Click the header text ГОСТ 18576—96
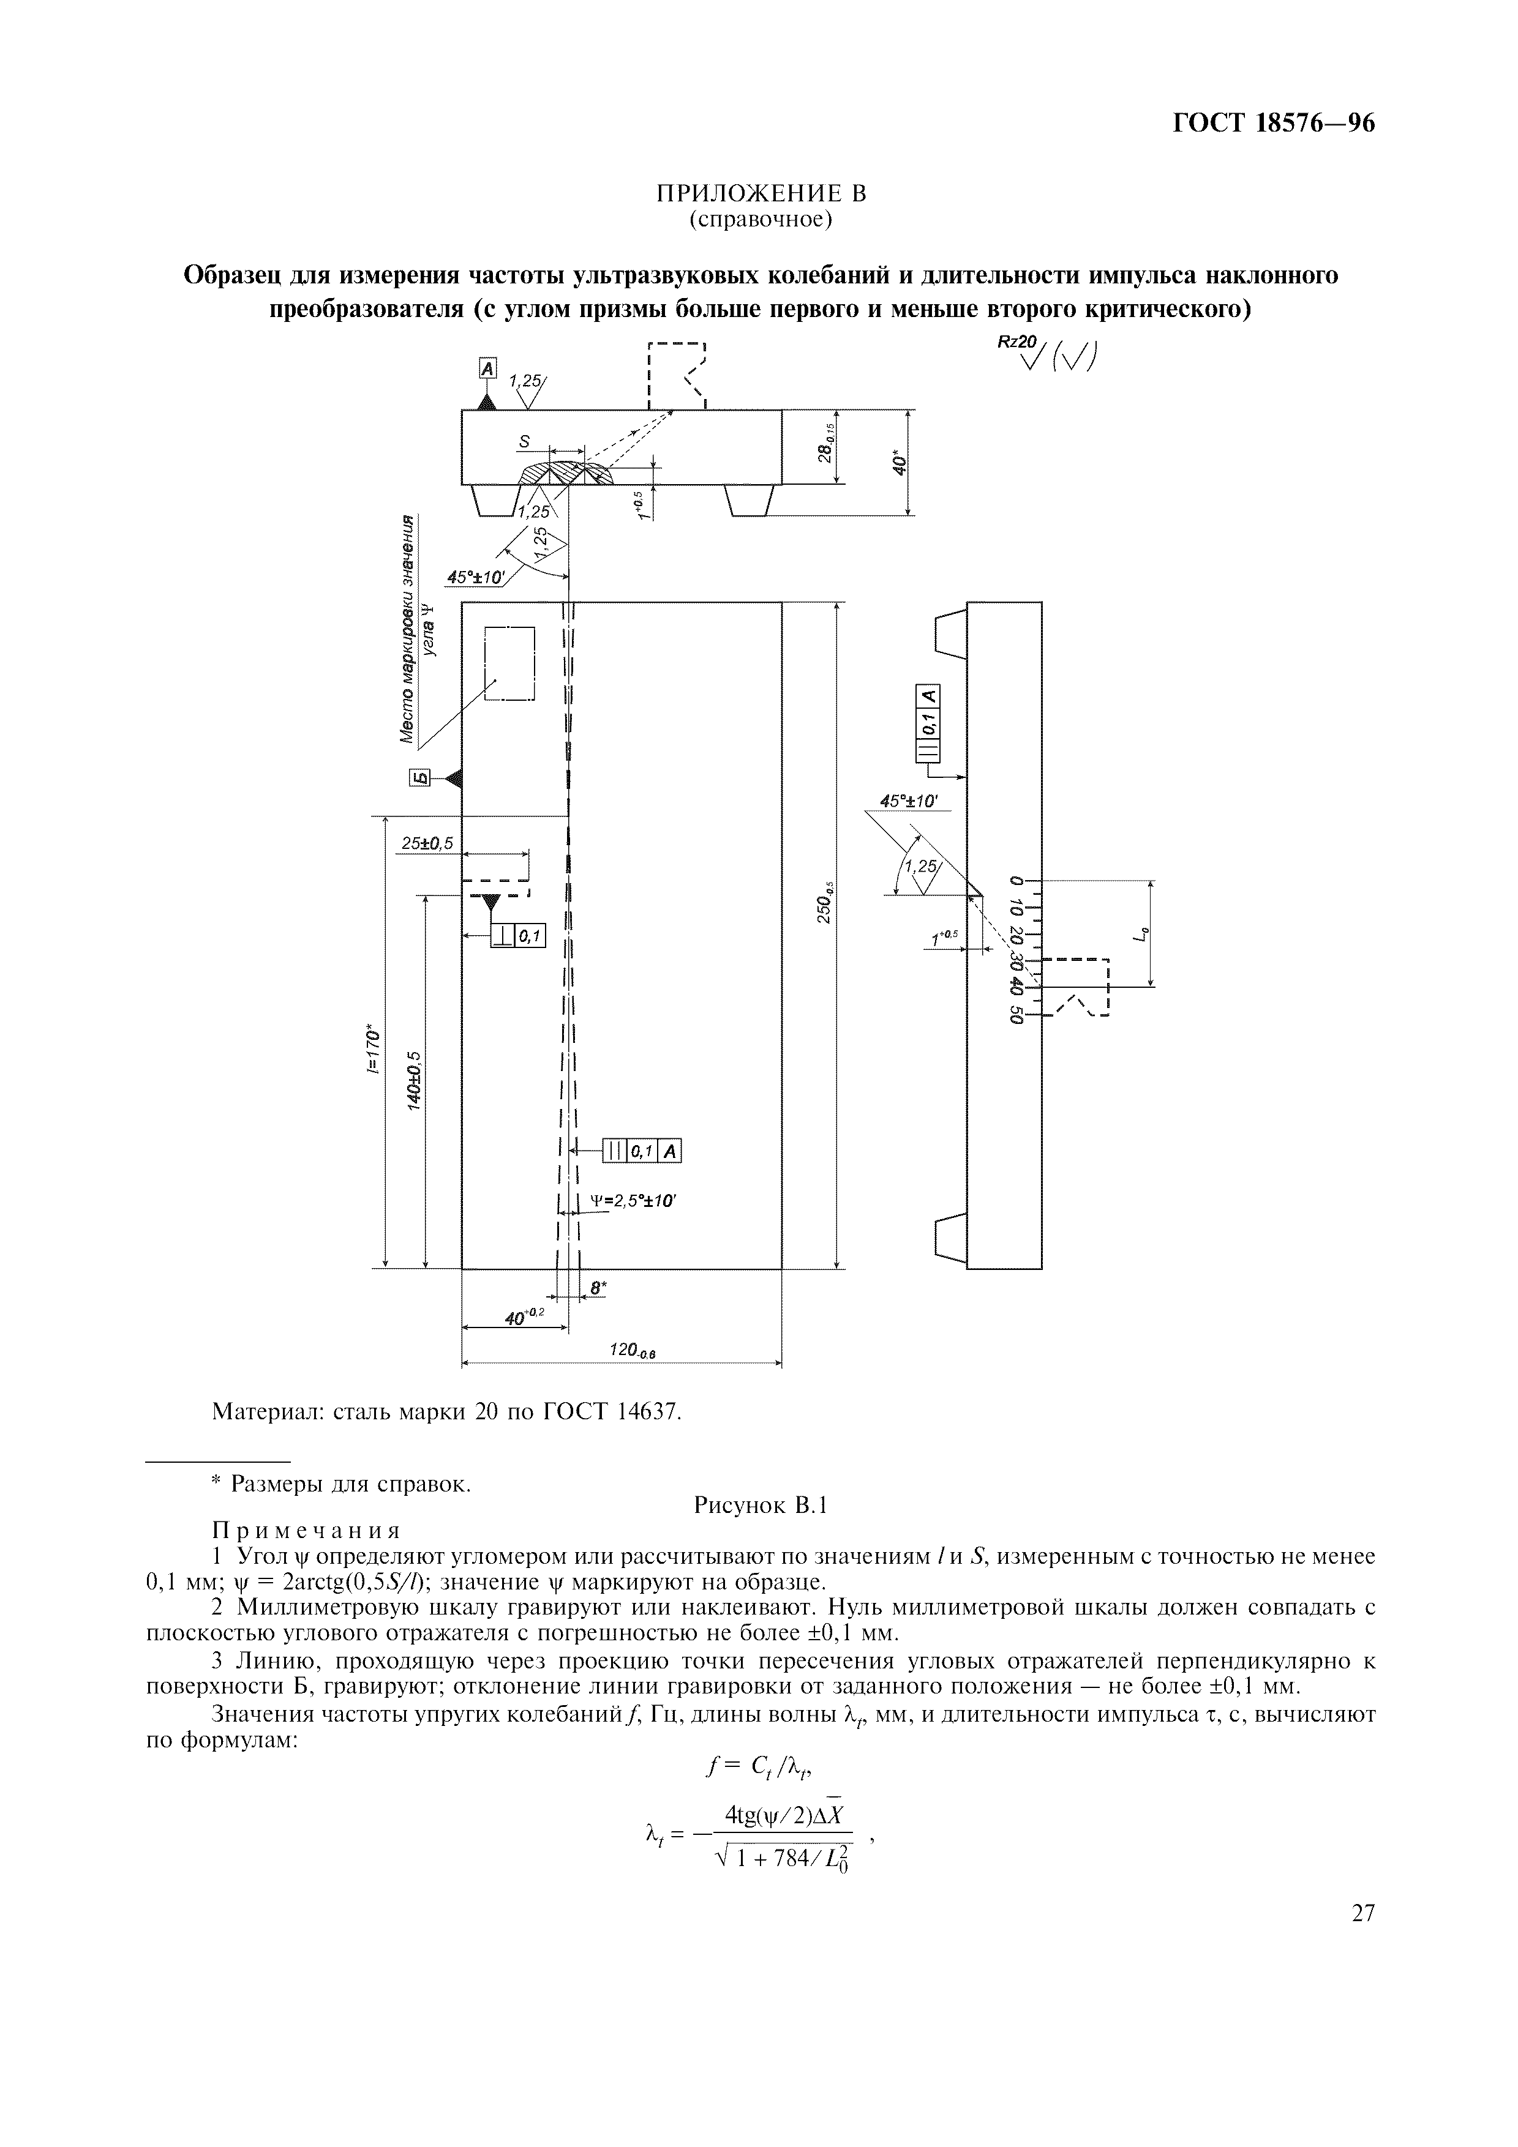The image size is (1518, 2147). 1273,124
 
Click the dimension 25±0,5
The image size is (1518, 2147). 427,843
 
